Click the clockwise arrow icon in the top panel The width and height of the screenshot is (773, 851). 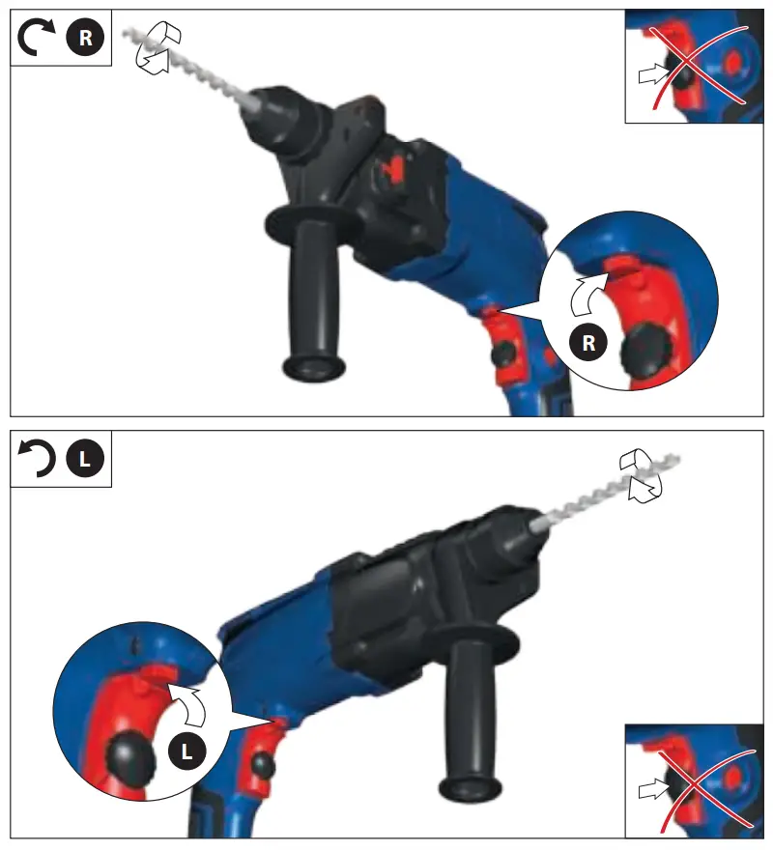tap(38, 38)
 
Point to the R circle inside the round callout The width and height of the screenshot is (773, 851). tap(587, 341)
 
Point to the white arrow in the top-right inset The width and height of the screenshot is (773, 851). tap(654, 72)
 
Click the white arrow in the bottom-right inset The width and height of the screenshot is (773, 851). tap(654, 790)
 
